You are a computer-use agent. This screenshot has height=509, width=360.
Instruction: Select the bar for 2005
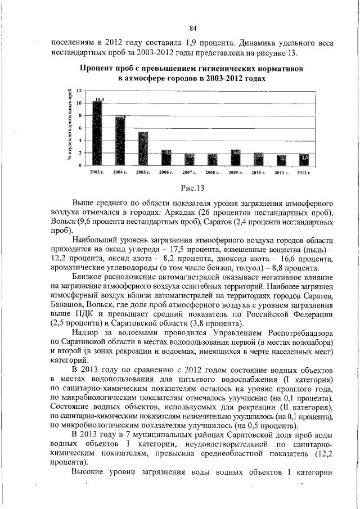tap(143, 148)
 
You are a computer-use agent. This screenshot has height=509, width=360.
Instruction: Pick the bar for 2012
tap(304, 159)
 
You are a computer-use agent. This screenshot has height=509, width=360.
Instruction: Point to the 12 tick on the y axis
tap(79, 91)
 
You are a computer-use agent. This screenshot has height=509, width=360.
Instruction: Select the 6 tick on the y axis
tap(80, 128)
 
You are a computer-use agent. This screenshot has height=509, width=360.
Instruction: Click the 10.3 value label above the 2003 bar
tap(100, 99)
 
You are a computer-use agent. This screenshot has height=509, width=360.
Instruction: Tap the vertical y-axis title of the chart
tap(70, 127)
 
